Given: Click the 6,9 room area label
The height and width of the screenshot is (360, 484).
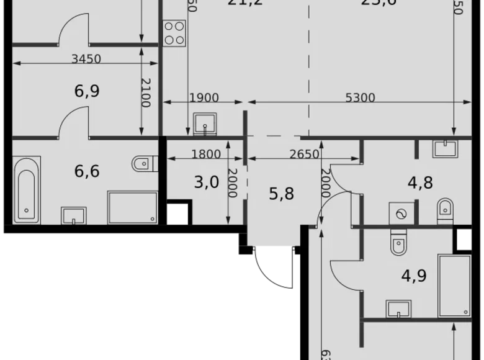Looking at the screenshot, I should pos(87,91).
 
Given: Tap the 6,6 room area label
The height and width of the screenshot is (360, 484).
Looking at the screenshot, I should pos(87,171).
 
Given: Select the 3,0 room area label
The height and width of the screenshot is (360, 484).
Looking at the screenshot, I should pos(207,182).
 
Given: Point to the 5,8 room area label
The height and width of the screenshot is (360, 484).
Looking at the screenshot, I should pos(281,194).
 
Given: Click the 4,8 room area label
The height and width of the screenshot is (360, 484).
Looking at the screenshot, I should pos(420,182).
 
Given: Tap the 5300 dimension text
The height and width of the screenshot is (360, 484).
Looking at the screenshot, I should pos(361,97).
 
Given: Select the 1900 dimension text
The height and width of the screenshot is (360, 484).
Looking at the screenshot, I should pos(204,97).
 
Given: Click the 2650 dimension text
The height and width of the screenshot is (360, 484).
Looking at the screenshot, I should pos(304,155).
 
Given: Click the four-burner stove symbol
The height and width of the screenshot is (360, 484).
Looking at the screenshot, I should pos(174,33).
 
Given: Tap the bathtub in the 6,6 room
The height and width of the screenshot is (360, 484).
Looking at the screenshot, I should pos(26,190).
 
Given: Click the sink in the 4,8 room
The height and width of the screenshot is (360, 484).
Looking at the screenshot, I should pos(444,148).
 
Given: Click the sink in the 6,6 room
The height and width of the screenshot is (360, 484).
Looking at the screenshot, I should pos(74,215).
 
